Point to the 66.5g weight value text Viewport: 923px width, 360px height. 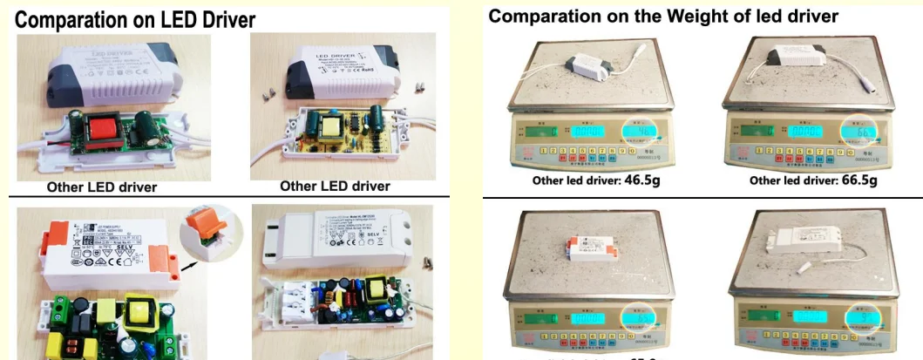(x=856, y=180)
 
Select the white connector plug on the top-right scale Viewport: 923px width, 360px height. (x=872, y=88)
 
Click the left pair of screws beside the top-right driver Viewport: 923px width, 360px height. (x=269, y=89)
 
